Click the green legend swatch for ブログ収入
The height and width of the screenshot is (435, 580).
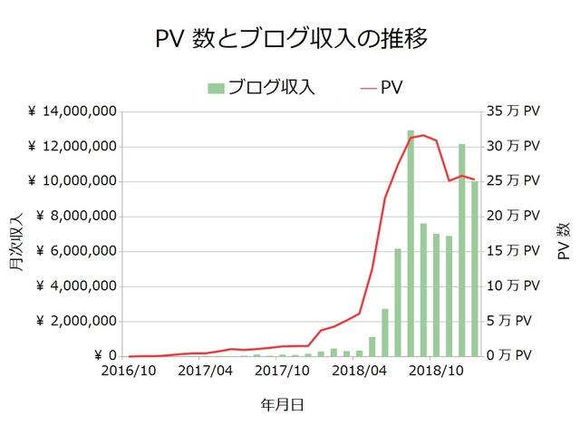tap(216, 88)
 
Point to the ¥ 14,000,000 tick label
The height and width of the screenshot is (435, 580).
tap(72, 111)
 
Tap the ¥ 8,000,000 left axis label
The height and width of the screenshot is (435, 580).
tap(75, 217)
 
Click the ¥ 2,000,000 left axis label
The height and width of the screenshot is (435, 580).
tap(75, 322)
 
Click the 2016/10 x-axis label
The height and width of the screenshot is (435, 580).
tap(130, 372)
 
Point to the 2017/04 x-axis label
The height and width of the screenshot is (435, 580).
tap(207, 372)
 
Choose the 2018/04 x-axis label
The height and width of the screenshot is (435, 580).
tap(361, 372)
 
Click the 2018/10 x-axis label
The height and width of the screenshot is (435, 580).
tap(437, 372)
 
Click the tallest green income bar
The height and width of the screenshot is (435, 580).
tap(411, 245)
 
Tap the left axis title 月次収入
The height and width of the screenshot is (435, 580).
tap(16, 243)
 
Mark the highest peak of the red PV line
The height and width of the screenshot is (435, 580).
tap(423, 135)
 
